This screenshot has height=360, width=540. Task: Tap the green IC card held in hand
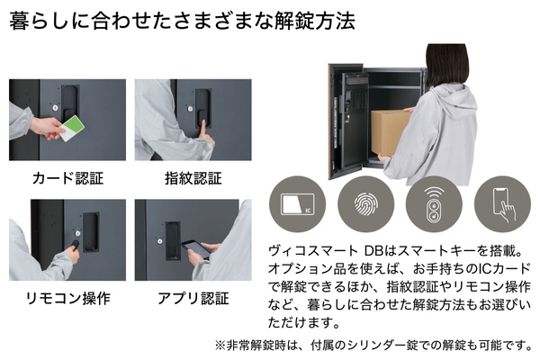(x=70, y=129)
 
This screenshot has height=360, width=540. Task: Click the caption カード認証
(x=67, y=178)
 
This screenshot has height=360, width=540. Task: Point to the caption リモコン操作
(x=67, y=298)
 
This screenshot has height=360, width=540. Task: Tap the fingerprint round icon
(x=364, y=202)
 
